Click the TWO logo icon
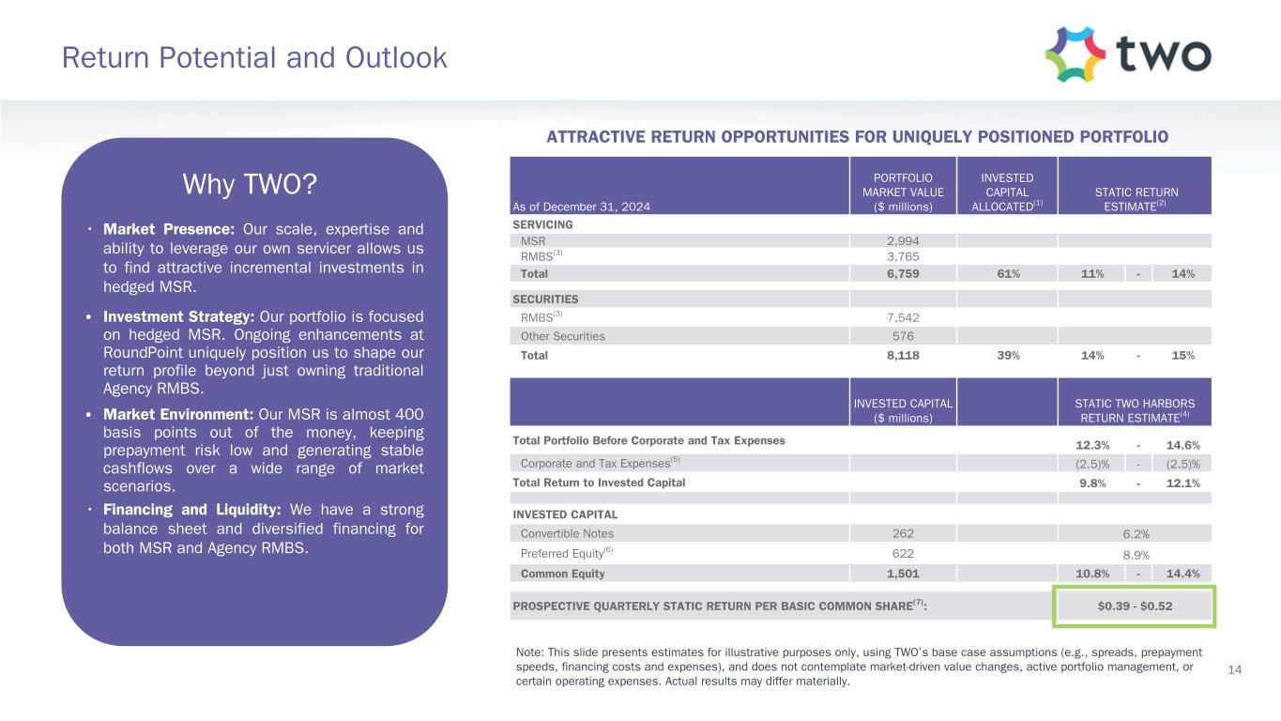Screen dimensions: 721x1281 (1075, 54)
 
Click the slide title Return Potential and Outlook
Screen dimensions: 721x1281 (254, 58)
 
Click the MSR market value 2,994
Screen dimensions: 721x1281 (902, 240)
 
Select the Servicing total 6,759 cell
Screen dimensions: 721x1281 (902, 274)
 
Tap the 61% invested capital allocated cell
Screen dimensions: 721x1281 (1006, 274)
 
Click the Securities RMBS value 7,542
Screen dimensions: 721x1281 (902, 317)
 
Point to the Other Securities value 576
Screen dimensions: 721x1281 (902, 336)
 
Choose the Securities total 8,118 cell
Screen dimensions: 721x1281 (902, 356)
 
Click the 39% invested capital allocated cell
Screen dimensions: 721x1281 (1006, 356)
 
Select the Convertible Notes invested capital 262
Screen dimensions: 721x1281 (902, 533)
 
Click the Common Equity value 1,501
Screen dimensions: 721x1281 (902, 574)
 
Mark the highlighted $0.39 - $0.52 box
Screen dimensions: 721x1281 (1135, 606)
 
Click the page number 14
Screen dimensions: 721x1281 (1235, 668)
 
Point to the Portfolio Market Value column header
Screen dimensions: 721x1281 (902, 192)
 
